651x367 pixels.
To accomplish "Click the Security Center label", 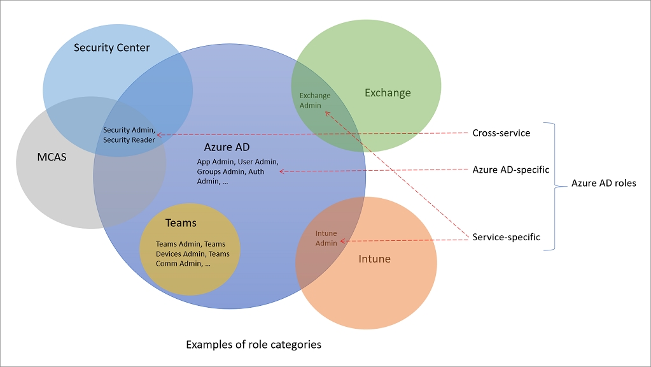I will coord(111,48).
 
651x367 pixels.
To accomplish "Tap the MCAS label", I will coord(50,156).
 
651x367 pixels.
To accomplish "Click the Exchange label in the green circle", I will coord(388,93).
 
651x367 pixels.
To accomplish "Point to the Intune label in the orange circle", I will coord(374,259).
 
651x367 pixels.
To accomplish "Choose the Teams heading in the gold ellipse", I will coord(181,223).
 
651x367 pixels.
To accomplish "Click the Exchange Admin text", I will coord(315,100).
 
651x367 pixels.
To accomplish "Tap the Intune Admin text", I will coord(326,238).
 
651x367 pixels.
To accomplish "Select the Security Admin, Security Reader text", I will coord(129,135).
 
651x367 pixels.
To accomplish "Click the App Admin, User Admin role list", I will coord(237,171).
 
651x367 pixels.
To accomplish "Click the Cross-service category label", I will coord(501,133).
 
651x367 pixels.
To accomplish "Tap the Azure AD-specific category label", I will coord(510,170).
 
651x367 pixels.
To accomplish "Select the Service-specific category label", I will coord(506,237).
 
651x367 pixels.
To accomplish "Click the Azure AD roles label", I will coord(603,183).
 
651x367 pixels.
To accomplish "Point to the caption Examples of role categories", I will coord(253,345).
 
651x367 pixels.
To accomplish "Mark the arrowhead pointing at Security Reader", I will coord(158,135).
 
